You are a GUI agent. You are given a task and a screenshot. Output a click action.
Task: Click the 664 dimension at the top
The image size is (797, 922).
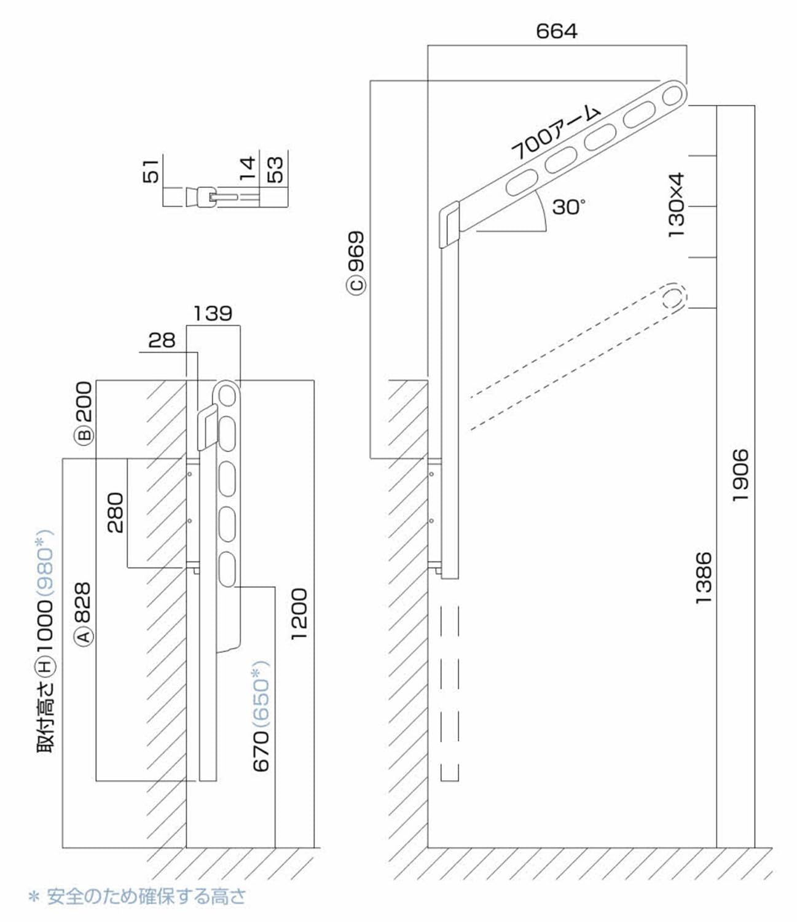tap(556, 31)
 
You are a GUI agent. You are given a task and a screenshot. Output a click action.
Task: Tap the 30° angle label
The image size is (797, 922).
tap(568, 206)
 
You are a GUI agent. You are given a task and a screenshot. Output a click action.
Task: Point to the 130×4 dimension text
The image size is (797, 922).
tap(675, 205)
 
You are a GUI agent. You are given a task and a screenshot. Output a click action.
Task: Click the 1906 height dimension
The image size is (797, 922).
tap(740, 475)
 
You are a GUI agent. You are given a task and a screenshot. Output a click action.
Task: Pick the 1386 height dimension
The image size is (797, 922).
tap(703, 577)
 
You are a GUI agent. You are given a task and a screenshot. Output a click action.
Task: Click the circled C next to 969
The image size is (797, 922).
tap(356, 284)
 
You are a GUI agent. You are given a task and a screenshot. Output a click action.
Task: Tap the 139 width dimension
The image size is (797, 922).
tap(213, 313)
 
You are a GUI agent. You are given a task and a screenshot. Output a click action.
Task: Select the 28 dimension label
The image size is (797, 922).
tap(162, 340)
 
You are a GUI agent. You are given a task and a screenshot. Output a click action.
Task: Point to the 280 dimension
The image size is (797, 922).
tap(115, 512)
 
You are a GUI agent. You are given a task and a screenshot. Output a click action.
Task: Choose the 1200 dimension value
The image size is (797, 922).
tap(299, 614)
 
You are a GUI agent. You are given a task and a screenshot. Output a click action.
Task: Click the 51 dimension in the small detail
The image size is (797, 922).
tap(151, 170)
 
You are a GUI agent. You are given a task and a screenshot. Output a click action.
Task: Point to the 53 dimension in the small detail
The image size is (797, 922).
tap(276, 170)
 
